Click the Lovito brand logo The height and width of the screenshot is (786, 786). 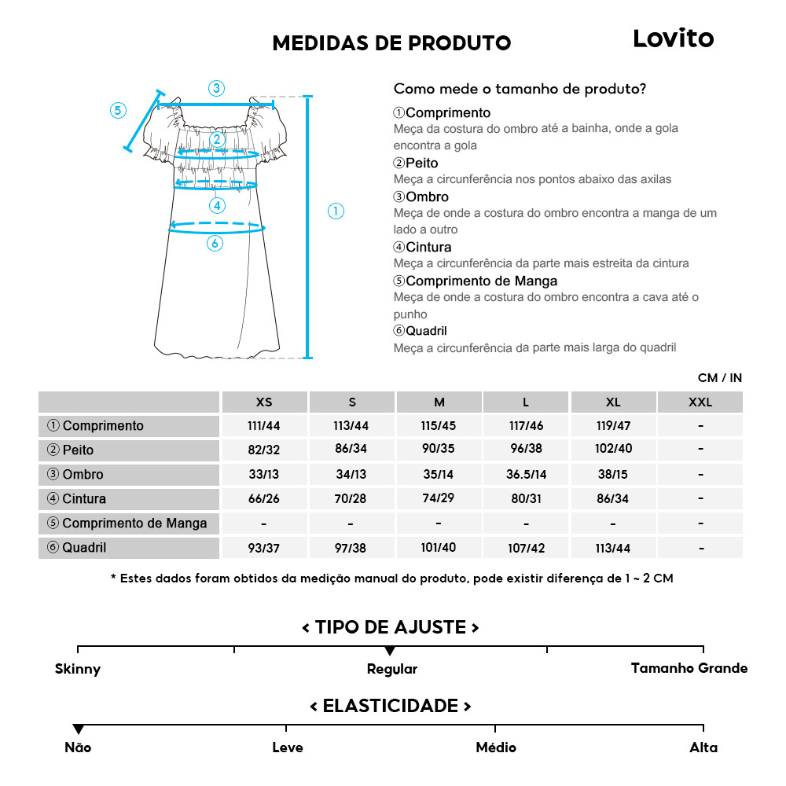coord(673,39)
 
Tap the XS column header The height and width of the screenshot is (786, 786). coord(264,402)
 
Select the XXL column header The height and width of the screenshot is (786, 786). coord(700,402)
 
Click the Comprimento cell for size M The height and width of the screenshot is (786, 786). coord(439,426)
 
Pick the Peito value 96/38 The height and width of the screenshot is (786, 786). coord(526,450)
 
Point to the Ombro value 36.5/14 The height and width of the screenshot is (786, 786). coord(526,475)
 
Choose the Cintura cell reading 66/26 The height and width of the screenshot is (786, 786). coord(264,499)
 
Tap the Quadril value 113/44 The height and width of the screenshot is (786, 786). coord(613,548)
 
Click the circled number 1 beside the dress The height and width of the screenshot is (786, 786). coord(336,211)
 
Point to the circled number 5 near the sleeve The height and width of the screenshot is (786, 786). coord(118,110)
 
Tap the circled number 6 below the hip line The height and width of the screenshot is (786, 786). coord(215,244)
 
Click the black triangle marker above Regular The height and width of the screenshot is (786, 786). coord(390,652)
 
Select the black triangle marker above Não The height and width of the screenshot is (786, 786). coord(78,729)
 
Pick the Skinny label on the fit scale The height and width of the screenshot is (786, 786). coord(78,670)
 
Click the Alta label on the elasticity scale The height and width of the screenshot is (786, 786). coord(703,747)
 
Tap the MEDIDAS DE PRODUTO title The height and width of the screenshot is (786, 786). coord(391,43)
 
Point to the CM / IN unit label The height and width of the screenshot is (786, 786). coord(719,378)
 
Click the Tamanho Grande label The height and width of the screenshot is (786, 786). coord(689,668)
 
